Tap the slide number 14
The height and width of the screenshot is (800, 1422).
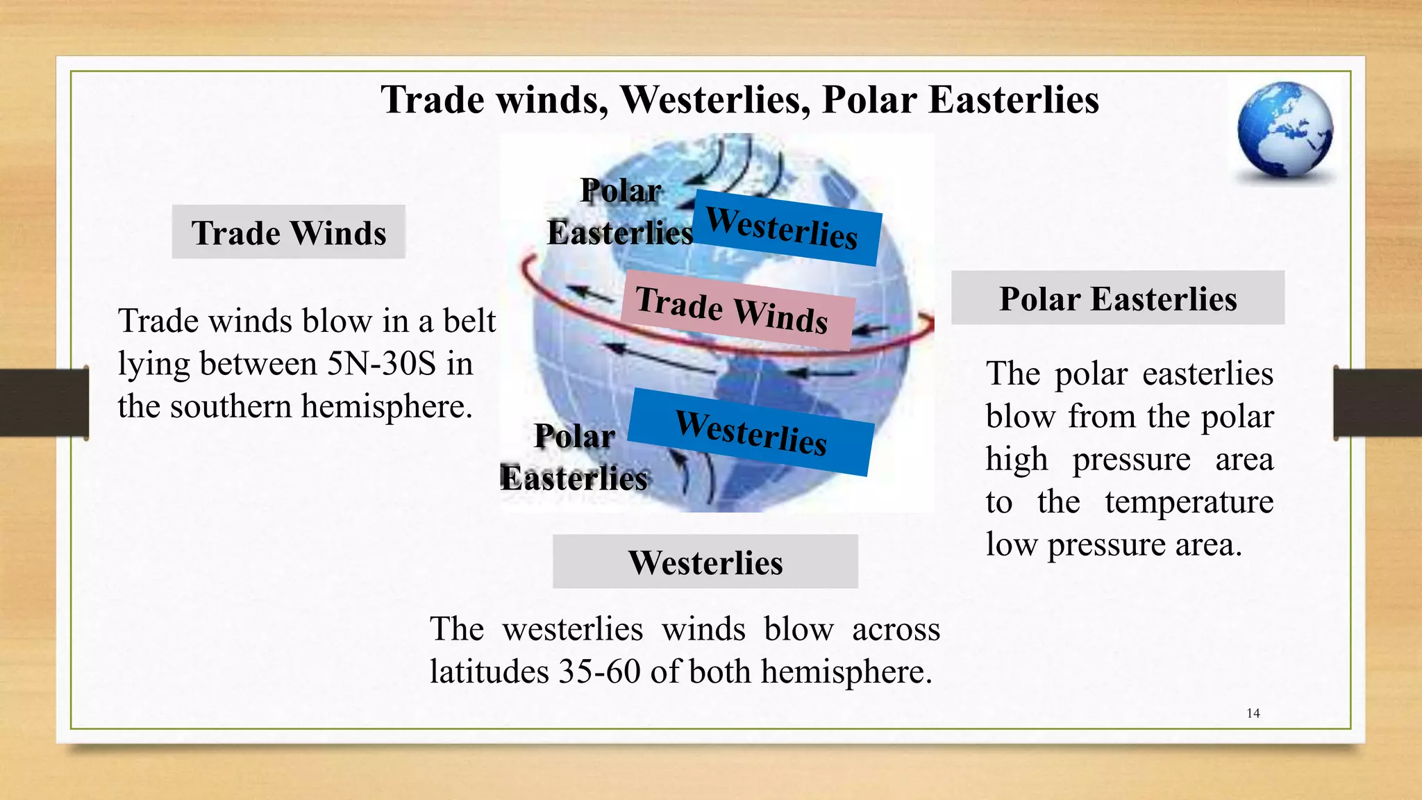pyautogui.click(x=1253, y=713)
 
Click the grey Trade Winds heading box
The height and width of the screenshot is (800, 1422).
pyautogui.click(x=288, y=232)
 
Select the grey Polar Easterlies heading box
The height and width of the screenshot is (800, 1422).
pyautogui.click(x=1117, y=298)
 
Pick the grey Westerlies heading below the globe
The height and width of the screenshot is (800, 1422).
pyautogui.click(x=705, y=562)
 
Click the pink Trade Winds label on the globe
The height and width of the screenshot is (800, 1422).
pyautogui.click(x=735, y=310)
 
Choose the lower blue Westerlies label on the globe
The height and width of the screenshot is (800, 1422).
pyautogui.click(x=752, y=432)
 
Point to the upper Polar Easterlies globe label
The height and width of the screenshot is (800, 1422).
pyautogui.click(x=620, y=212)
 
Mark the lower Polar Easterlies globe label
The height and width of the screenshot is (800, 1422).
pyautogui.click(x=574, y=458)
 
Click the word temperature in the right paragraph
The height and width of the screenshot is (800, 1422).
pyautogui.click(x=1189, y=502)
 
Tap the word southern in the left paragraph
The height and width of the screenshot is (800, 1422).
pyautogui.click(x=231, y=406)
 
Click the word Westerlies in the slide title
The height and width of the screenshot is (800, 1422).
pyautogui.click(x=714, y=99)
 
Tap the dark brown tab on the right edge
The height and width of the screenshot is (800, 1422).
pyautogui.click(x=1378, y=403)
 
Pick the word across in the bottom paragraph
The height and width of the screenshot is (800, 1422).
pyautogui.click(x=896, y=629)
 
